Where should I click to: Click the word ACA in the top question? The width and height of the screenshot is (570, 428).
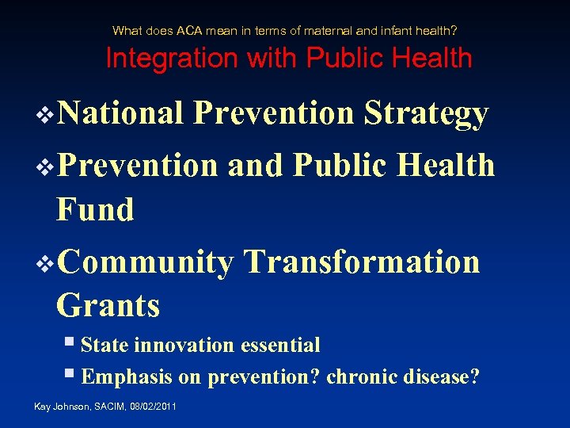(x=189, y=31)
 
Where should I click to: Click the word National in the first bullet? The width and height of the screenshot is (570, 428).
(x=120, y=113)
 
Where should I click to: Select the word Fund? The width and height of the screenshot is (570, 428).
(x=95, y=210)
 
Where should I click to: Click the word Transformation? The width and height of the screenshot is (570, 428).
(x=362, y=262)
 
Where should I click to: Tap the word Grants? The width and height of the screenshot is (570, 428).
(x=108, y=305)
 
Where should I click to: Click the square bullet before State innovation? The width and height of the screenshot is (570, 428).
(x=70, y=344)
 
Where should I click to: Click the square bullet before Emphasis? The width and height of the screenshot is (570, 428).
(x=70, y=376)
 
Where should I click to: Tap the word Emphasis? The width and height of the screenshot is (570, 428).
(x=127, y=377)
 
